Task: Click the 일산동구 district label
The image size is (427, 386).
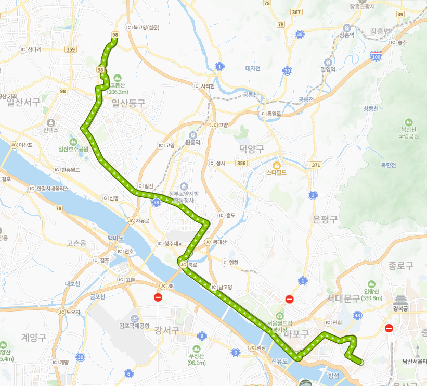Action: [x=128, y=104]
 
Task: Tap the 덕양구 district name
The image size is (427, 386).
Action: [x=252, y=150]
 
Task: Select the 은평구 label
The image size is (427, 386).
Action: [x=325, y=219]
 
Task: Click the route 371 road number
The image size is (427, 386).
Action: [x=316, y=165]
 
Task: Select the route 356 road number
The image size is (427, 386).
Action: [x=241, y=163]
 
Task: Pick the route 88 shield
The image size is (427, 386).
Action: [x=171, y=285]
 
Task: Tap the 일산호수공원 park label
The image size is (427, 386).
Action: [x=73, y=149]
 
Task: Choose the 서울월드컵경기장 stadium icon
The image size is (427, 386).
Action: [x=279, y=315]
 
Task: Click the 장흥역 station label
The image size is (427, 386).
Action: [x=346, y=35]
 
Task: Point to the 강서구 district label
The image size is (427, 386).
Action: [x=167, y=330]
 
